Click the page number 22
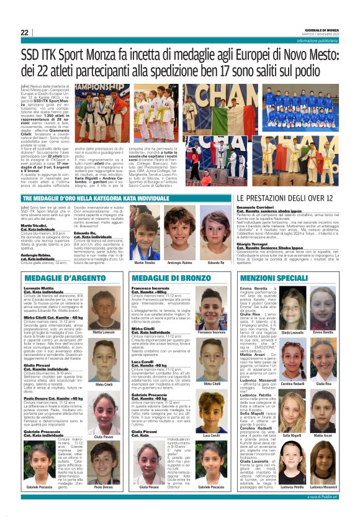[24, 32]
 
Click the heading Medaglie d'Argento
[56, 278]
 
